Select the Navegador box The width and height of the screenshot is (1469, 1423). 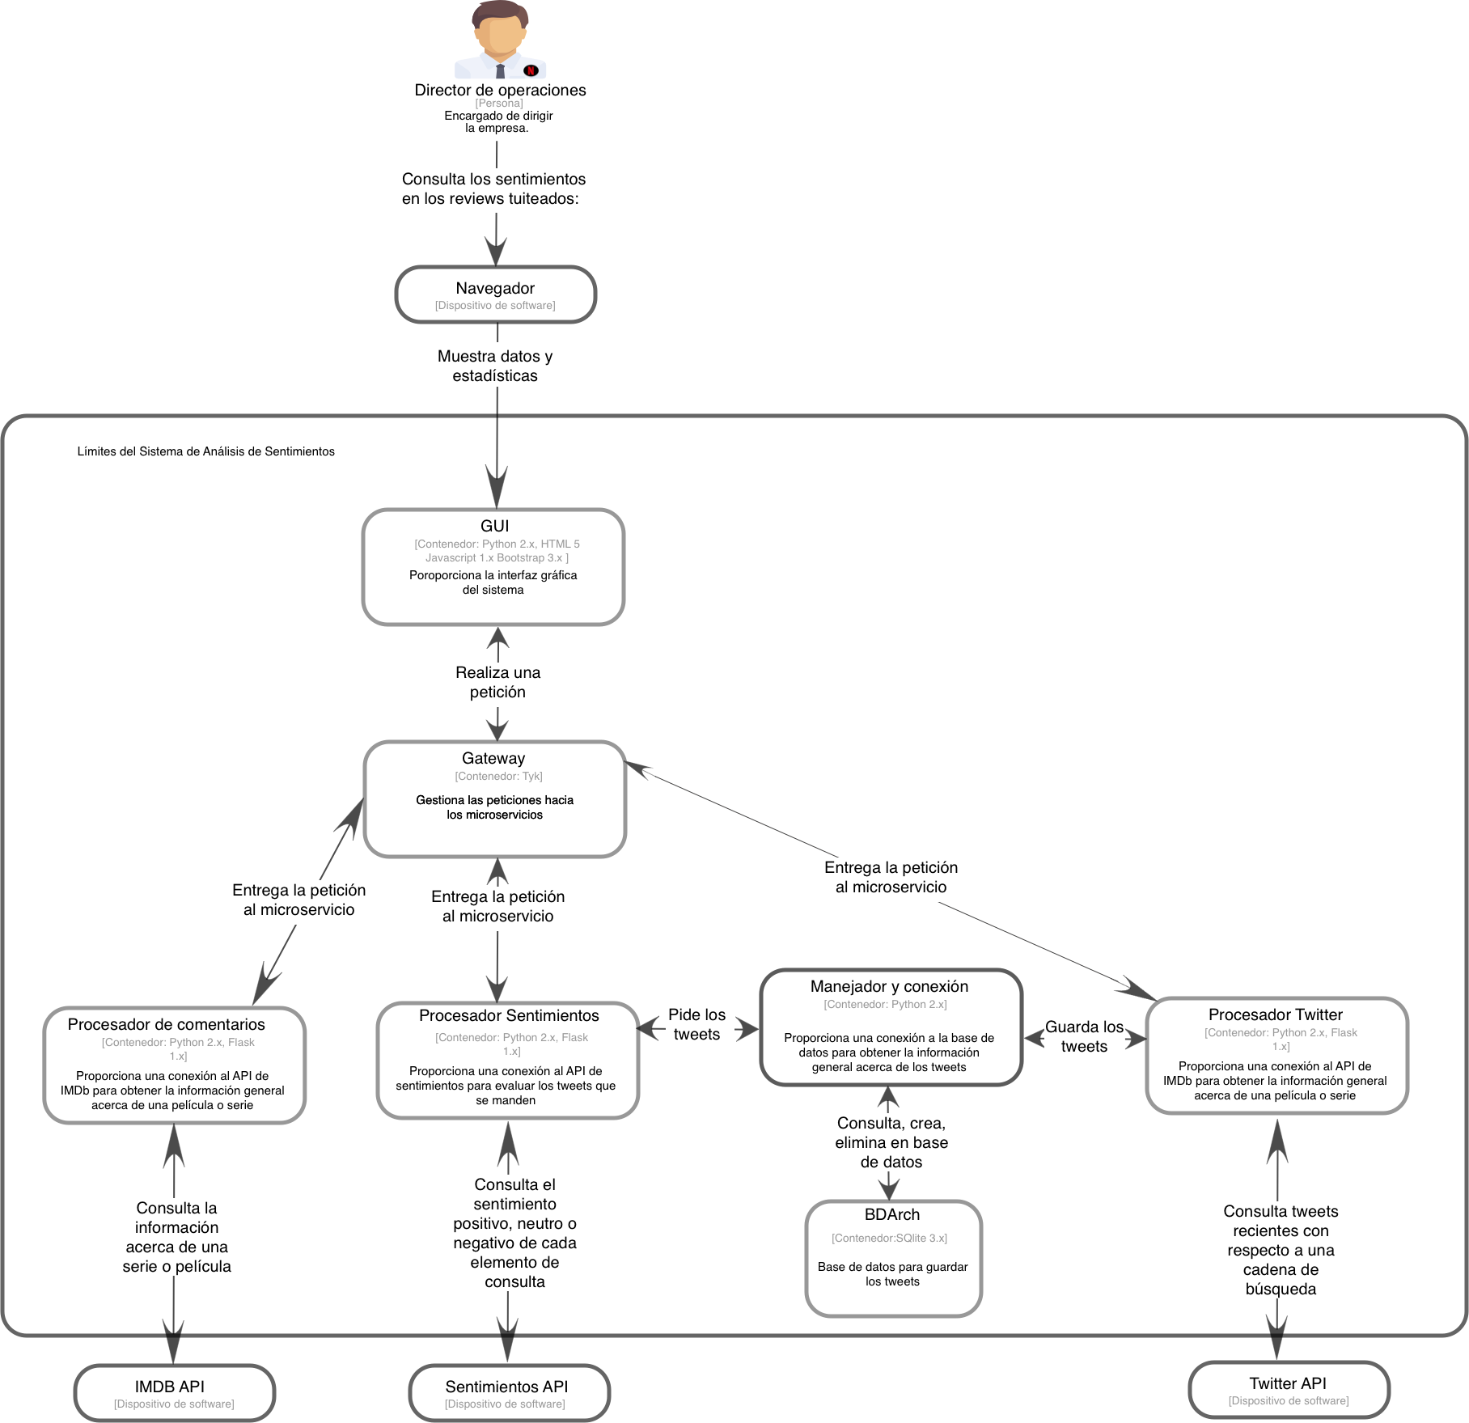pyautogui.click(x=495, y=294)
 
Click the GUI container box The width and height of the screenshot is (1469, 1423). pyautogui.click(x=493, y=566)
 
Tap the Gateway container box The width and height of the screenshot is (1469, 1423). pyautogui.click(x=494, y=798)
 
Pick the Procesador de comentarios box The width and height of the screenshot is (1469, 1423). pyautogui.click(x=174, y=1065)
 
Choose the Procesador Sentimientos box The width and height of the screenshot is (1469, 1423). pyautogui.click(x=508, y=1060)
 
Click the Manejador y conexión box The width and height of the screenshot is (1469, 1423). pyautogui.click(x=891, y=1027)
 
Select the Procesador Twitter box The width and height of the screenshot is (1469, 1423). pyautogui.click(x=1276, y=1055)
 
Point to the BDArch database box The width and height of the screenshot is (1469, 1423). pyautogui.click(x=893, y=1258)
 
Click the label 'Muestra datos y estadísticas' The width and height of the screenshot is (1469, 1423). pyautogui.click(x=495, y=365)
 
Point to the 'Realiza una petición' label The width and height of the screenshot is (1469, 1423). pyautogui.click(x=497, y=682)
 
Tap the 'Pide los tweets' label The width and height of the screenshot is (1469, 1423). pyautogui.click(x=696, y=1024)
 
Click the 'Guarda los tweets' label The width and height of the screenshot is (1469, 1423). pyautogui.click(x=1084, y=1036)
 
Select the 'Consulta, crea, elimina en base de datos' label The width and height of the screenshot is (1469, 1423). pyautogui.click(x=891, y=1142)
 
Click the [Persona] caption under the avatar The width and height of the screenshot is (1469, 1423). pyautogui.click(x=498, y=104)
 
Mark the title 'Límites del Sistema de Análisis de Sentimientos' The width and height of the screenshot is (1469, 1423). pyautogui.click(x=205, y=451)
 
